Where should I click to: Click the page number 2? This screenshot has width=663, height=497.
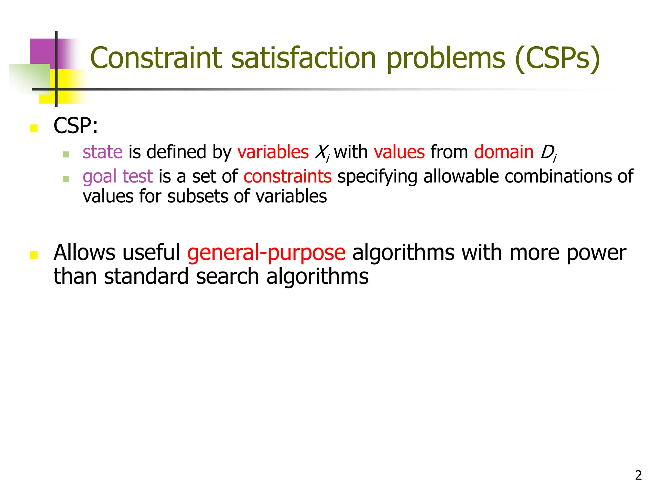[638, 475]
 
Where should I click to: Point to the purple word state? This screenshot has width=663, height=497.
[103, 152]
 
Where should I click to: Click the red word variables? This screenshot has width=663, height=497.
[273, 152]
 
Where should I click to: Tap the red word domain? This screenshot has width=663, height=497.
[504, 152]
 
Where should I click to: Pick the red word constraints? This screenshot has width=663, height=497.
[287, 177]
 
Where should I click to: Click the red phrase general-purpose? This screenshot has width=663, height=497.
[266, 253]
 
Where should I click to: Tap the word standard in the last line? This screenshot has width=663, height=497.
[146, 277]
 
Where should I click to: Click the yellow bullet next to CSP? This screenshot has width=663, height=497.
[34, 128]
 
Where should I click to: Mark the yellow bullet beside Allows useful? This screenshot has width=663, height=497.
[34, 255]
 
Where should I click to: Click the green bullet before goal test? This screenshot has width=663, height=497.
[66, 179]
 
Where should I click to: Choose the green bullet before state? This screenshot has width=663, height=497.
[66, 154]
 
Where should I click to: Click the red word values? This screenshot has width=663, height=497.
[399, 152]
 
